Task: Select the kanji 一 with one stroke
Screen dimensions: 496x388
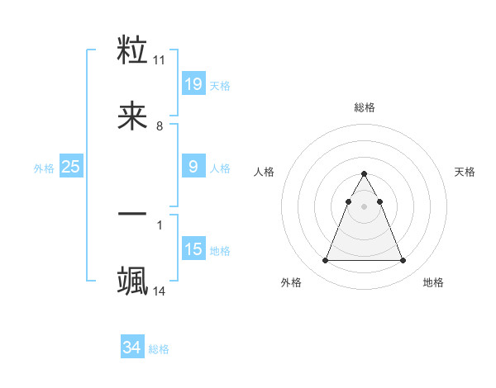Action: pyautogui.click(x=132, y=215)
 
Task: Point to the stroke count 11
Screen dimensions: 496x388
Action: pyautogui.click(x=160, y=60)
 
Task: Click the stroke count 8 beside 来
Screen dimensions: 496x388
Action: pyautogui.click(x=160, y=127)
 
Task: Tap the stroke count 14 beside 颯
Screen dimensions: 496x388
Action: pyautogui.click(x=160, y=291)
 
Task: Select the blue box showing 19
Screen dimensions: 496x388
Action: pyautogui.click(x=193, y=83)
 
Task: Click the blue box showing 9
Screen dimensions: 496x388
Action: pyautogui.click(x=193, y=167)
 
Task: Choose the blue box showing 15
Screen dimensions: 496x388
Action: pyautogui.click(x=193, y=249)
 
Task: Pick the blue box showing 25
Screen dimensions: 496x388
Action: pyautogui.click(x=70, y=167)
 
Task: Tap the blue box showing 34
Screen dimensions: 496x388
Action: pyautogui.click(x=131, y=348)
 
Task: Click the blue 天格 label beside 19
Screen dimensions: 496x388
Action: pyautogui.click(x=220, y=86)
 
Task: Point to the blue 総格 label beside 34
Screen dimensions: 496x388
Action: pyautogui.click(x=159, y=350)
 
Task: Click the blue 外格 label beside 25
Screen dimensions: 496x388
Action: pyautogui.click(x=44, y=168)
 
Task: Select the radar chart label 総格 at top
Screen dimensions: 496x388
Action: pyautogui.click(x=364, y=107)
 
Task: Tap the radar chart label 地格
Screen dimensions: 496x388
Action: pyautogui.click(x=433, y=283)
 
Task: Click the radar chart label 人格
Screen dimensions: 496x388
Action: pyautogui.click(x=264, y=172)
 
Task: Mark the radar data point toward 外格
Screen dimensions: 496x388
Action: pyautogui.click(x=326, y=261)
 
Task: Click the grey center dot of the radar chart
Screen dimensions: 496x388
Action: pyautogui.click(x=364, y=206)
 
